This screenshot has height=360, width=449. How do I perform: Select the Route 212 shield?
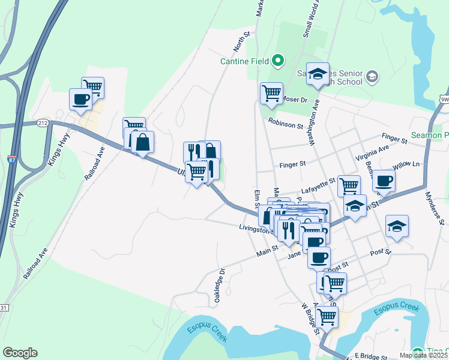click(x=43, y=123)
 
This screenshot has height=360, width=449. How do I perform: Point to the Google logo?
click(x=20, y=353)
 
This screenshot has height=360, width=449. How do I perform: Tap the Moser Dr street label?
click(x=295, y=99)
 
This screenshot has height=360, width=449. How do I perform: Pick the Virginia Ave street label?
click(x=372, y=154)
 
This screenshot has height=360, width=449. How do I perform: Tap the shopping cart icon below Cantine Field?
click(x=271, y=93)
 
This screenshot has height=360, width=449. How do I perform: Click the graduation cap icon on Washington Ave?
click(x=318, y=73)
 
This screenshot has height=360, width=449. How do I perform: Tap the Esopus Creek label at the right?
click(x=396, y=310)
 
